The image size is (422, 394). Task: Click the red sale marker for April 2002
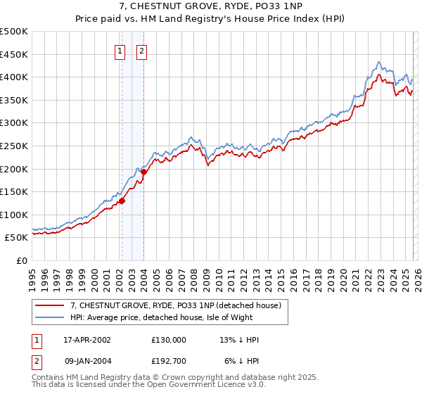122,201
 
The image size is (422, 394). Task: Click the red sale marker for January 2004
143,171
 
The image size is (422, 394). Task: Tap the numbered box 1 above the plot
120,51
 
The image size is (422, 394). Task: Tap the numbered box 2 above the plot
142,51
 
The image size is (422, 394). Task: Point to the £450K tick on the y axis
14,54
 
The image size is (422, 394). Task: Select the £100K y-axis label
14,215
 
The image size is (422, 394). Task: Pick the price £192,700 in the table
169,361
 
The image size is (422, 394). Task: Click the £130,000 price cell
169,340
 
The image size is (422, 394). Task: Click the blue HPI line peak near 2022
379,62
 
